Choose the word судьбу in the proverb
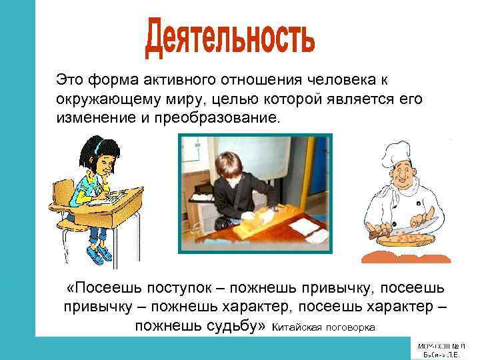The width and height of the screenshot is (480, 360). pyautogui.click(x=231, y=325)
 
